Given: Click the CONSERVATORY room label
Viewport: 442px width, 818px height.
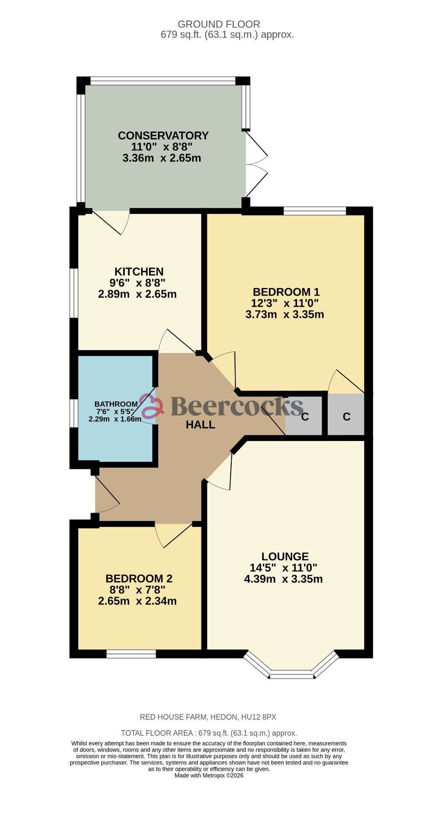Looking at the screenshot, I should (163, 136).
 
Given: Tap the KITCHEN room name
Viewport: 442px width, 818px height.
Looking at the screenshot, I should (139, 272).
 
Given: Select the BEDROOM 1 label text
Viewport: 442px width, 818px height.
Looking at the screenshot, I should (286, 292).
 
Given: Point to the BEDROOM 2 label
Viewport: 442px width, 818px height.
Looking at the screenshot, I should (139, 579).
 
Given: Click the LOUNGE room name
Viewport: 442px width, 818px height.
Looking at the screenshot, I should (285, 556).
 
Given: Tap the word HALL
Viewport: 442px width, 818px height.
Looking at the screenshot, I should (201, 425).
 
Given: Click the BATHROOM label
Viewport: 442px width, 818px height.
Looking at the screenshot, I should (116, 404).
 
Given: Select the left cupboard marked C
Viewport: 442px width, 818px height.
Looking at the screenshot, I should (305, 417).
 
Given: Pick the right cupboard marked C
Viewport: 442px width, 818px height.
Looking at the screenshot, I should (346, 417).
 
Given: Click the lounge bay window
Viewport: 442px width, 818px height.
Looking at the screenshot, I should (291, 673).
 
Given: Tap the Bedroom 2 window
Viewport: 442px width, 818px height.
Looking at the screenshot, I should (131, 654).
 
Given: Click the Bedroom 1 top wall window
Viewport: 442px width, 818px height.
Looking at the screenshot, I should (315, 210).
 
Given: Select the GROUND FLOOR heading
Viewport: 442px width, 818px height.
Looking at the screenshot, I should (219, 24).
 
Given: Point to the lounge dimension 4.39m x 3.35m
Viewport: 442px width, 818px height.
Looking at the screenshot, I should (283, 579).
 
